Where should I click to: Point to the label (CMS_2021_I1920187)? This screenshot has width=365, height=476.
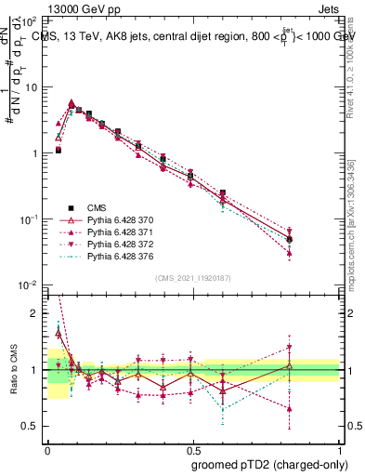pyautogui.click(x=193, y=277)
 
